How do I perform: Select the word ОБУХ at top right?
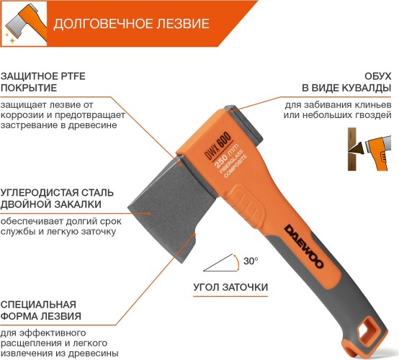(377, 76)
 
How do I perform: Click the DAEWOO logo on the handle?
(304, 246)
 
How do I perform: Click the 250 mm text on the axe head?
(226, 156)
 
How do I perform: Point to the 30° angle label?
(251, 261)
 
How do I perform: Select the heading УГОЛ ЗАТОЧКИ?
(230, 287)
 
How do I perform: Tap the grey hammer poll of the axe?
(244, 125)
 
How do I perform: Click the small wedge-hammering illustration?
(369, 149)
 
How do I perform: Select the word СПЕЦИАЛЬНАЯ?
(38, 305)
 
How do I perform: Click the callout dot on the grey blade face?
(149, 213)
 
